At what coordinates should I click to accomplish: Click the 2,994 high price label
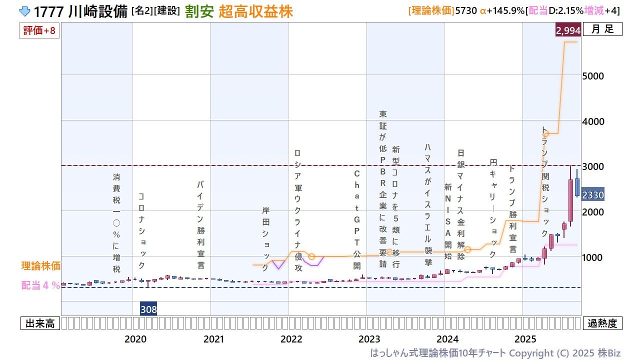567,30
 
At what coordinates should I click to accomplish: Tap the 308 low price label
148,309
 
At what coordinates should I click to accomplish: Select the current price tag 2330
593,195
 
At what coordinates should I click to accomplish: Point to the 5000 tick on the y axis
593,76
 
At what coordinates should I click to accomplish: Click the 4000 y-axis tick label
593,121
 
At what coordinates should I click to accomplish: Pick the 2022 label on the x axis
291,339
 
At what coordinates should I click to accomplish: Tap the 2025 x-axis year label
525,339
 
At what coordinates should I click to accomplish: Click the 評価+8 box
39,31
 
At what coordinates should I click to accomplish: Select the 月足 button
602,29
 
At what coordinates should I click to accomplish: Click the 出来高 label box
40,323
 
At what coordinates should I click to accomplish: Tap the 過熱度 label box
602,323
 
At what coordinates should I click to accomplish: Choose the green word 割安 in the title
199,12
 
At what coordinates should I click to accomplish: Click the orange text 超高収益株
255,12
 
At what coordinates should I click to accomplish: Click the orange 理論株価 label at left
40,266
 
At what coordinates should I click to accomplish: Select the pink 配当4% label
40,285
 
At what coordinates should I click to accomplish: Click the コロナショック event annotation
141,230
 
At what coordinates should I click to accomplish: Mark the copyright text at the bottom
495,352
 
